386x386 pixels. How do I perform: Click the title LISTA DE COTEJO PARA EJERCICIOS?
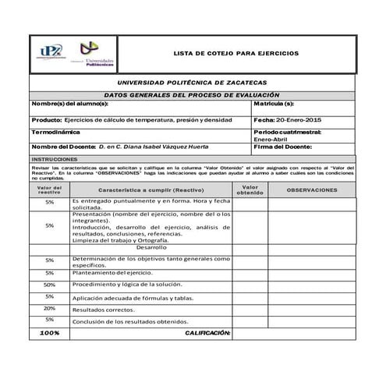(235, 53)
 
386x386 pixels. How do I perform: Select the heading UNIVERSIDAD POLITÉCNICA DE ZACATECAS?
(192, 82)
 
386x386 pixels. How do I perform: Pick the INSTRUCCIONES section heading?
(55, 158)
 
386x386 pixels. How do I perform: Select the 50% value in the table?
(49, 285)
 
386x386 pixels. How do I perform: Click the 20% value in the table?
(49, 309)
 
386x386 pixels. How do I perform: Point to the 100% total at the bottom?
(49, 333)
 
